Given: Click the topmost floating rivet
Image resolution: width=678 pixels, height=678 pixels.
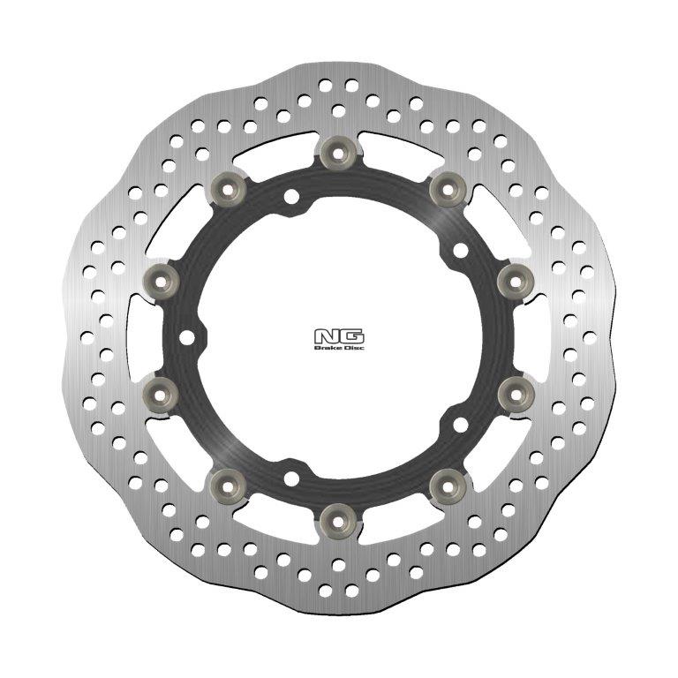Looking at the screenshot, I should pos(339,154).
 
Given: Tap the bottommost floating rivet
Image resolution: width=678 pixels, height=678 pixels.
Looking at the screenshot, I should pos(339,516).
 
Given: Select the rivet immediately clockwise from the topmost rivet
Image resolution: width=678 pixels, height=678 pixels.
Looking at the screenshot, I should pos(447,188).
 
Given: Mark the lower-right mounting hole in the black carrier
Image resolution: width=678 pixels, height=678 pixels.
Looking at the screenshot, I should pos(459,425).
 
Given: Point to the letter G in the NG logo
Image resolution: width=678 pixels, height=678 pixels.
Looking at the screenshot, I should pos(350,336).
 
